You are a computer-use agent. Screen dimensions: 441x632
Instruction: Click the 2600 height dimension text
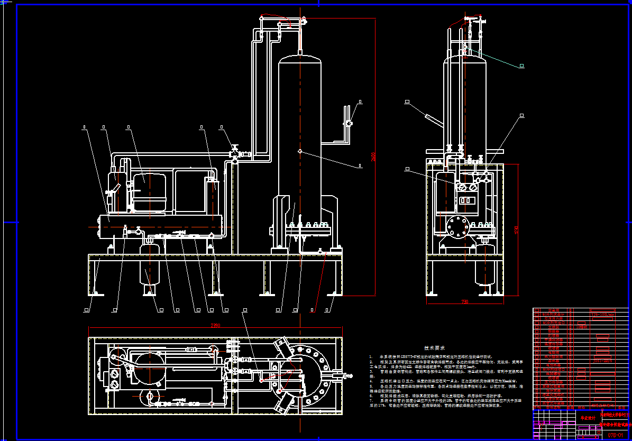pos(374,157)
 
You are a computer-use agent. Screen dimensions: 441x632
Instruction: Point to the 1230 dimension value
pos(517,230)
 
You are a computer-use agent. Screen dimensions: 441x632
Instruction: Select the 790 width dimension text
pos(465,302)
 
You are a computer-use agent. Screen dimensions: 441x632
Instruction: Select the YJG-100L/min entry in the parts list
pos(602,314)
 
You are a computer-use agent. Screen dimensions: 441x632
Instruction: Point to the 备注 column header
pos(621,408)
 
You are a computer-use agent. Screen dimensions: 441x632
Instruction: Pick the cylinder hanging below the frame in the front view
pos(151,267)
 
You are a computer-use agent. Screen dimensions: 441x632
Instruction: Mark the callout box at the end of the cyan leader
pos(521,66)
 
